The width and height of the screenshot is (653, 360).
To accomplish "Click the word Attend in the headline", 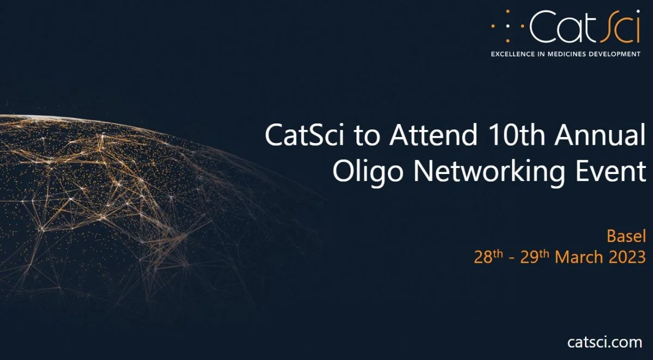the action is click(433, 135).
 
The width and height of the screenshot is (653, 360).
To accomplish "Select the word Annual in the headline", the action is click(600, 135).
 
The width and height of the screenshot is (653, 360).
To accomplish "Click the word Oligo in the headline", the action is click(368, 172).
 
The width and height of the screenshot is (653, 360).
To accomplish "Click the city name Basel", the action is click(626, 236).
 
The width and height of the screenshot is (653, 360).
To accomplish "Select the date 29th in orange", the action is click(534, 257).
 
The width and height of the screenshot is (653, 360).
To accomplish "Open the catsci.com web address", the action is click(605, 343).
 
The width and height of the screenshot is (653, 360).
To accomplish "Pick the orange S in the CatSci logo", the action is click(609, 26).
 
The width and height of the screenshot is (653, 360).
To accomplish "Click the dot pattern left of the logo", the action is click(508, 26).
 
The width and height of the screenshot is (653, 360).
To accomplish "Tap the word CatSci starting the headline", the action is click(304, 135).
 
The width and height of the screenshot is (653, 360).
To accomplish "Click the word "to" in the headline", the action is click(367, 136).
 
